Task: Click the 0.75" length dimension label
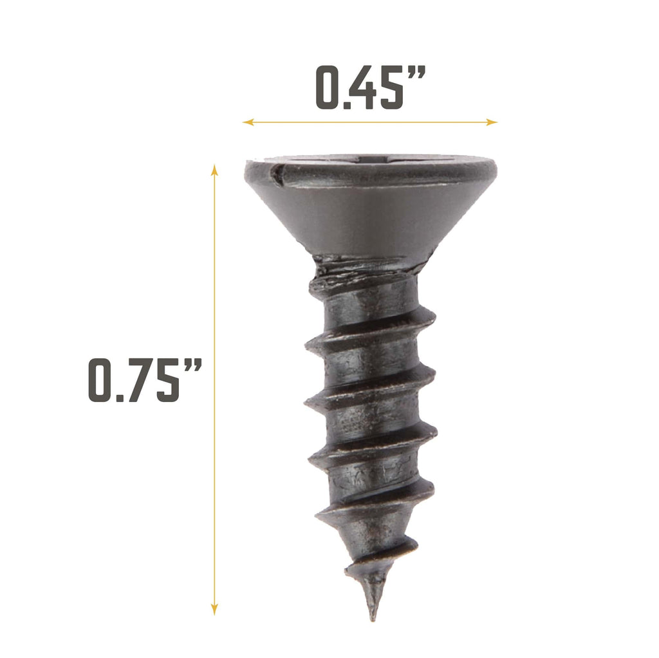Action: [x=145, y=381]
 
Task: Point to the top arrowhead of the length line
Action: [x=215, y=169]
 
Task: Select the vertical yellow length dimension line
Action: [x=215, y=450]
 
